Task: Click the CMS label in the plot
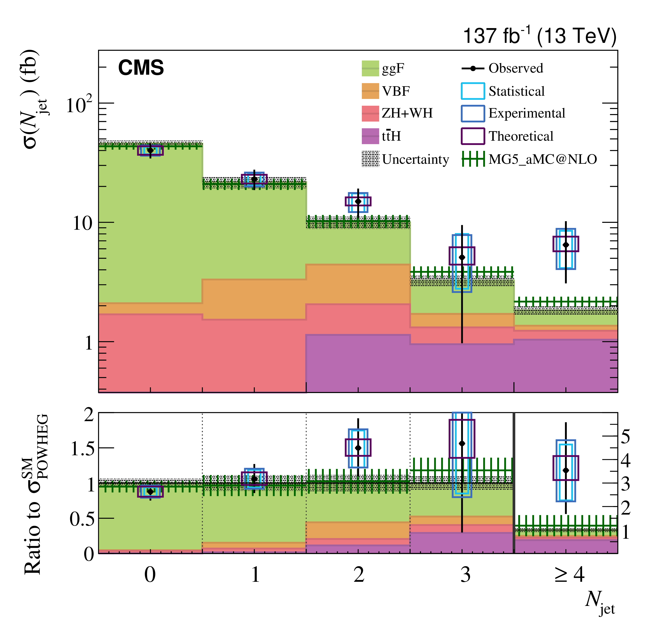141,68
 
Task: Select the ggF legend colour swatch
370,68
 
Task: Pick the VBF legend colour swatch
370,91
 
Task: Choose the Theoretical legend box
473,136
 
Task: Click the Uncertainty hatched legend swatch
370,159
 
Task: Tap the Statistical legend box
473,91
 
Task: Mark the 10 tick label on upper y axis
82,223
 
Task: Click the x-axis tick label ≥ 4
569,575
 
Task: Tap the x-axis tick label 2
358,575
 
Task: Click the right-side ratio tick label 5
625,437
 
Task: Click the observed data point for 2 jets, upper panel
358,201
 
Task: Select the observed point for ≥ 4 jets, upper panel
566,245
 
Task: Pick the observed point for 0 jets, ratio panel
150,491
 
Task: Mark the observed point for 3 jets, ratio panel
462,444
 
